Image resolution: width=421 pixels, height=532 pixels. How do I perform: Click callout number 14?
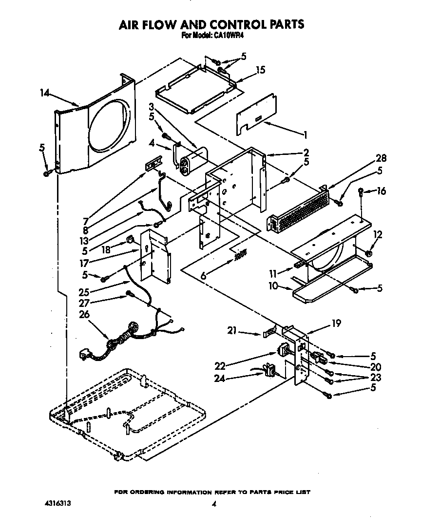click(x=45, y=92)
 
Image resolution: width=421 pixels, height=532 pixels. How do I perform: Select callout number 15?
click(x=260, y=70)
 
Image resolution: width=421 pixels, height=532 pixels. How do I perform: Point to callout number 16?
click(x=381, y=191)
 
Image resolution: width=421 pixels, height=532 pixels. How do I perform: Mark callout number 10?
click(x=273, y=286)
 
